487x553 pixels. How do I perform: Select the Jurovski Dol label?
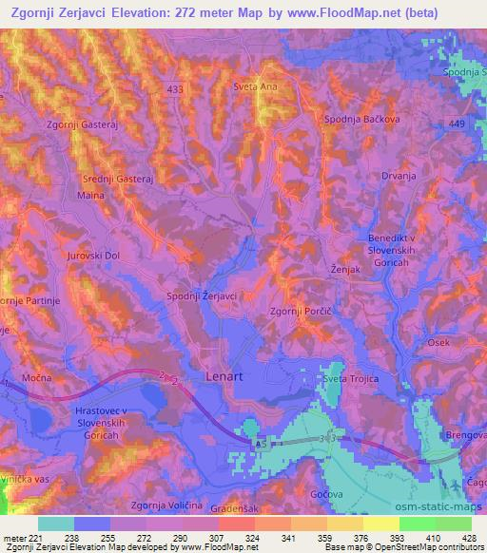[93, 256]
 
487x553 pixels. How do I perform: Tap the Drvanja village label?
[399, 177]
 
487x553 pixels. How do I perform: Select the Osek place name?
[438, 341]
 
